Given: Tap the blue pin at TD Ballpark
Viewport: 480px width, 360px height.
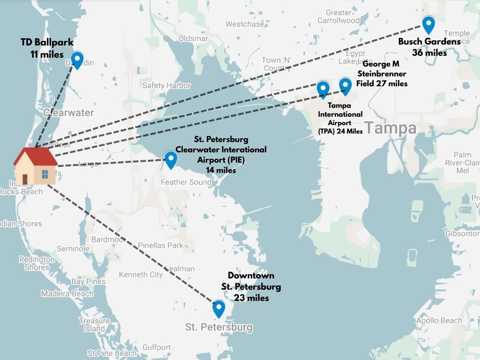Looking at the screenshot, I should [x=76, y=60].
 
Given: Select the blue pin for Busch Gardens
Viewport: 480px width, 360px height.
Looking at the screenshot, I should [x=428, y=24].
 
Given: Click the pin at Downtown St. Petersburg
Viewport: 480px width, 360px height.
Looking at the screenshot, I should [x=218, y=308].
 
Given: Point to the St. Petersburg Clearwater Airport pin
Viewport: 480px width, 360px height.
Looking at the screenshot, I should [x=171, y=160].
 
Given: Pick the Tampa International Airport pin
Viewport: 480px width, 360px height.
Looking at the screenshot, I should [x=323, y=89].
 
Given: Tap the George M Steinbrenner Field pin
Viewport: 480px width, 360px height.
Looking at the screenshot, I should [x=345, y=86].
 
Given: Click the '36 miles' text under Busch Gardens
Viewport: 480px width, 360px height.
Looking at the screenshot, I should [x=429, y=52].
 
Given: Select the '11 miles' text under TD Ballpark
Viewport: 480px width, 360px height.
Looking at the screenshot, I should [x=47, y=54].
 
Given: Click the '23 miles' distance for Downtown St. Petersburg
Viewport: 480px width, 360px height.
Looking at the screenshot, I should [x=251, y=297].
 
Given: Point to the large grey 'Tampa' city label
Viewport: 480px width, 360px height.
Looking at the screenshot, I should [x=390, y=127].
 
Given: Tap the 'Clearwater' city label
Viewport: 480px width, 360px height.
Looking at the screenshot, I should [x=68, y=113].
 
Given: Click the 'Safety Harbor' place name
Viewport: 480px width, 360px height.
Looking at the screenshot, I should [x=166, y=85].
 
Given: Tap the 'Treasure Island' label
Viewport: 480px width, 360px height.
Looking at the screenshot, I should [x=94, y=325].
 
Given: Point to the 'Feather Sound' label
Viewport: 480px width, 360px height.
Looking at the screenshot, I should [x=186, y=182].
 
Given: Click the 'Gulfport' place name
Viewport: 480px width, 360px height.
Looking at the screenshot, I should [x=157, y=347].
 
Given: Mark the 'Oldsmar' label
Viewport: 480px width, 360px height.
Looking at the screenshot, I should [x=193, y=38].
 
